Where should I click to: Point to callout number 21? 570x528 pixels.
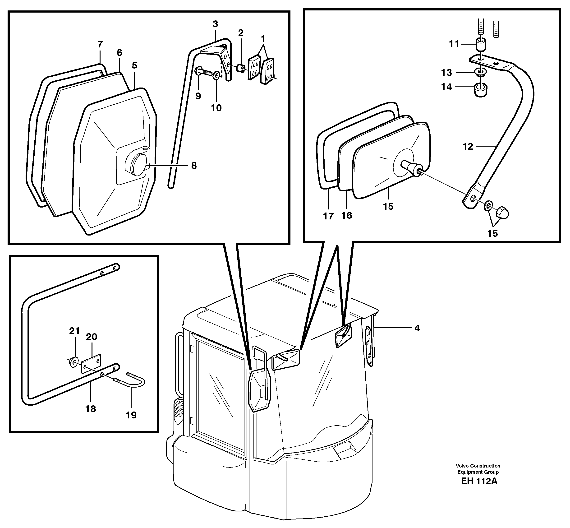pos(74,331)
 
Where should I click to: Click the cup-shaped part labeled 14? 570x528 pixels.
pos(481,90)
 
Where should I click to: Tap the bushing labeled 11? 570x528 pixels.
pos(481,44)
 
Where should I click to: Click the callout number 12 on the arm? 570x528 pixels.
pos(468,147)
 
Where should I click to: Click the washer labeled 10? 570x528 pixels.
pos(216,76)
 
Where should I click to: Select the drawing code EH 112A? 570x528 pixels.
pos(479,481)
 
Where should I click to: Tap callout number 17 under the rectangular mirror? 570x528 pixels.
pos(328,216)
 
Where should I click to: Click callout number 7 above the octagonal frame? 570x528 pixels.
pos(100,44)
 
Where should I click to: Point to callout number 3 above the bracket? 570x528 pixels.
pos(215,24)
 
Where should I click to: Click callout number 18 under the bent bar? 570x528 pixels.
pos(91,409)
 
